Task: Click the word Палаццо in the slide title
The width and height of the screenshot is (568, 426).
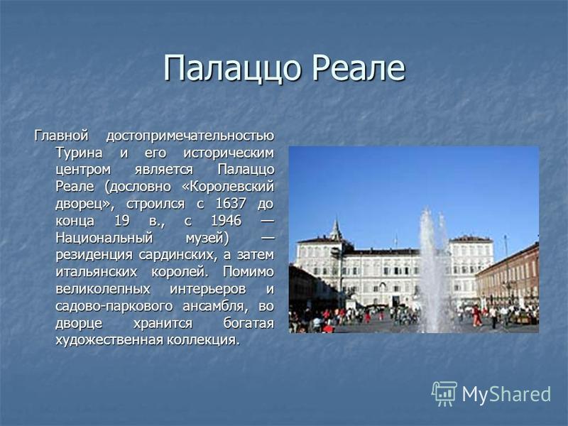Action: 232,68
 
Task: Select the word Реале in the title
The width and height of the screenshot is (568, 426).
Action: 359,67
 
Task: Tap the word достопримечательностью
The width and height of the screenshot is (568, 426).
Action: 190,136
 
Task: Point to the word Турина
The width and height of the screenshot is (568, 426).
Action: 79,153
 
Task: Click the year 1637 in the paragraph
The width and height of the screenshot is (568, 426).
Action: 231,203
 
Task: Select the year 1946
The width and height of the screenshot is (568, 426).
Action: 226,220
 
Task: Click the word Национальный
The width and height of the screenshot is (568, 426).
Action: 104,238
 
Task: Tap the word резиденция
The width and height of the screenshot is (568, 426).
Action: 94,255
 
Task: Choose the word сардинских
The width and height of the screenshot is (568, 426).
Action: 178,255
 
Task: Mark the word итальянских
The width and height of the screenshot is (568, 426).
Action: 97,272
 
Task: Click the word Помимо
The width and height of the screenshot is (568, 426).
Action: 248,272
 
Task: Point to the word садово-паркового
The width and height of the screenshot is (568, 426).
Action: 114,306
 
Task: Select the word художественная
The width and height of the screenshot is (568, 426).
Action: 110,340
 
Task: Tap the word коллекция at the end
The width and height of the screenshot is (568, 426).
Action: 204,340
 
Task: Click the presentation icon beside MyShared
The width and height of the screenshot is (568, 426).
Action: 444,393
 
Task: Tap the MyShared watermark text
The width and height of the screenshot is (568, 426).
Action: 506,394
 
